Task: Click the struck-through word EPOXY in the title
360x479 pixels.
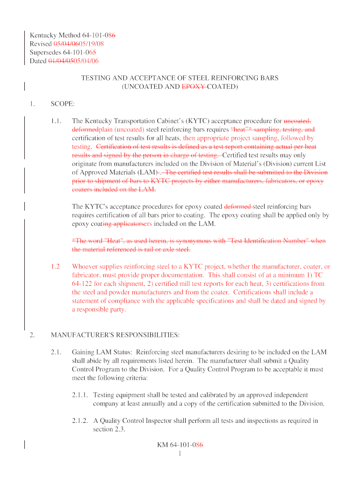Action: (194, 87)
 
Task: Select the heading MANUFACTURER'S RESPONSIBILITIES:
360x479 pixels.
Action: (115, 335)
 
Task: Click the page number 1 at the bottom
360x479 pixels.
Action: (180, 453)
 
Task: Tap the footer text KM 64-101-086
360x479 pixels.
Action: (180, 445)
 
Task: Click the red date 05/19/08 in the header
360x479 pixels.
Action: (91, 44)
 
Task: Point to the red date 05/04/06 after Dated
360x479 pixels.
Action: (86, 61)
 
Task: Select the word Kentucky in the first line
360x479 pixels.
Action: (43, 35)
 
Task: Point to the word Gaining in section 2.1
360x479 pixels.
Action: (84, 352)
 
